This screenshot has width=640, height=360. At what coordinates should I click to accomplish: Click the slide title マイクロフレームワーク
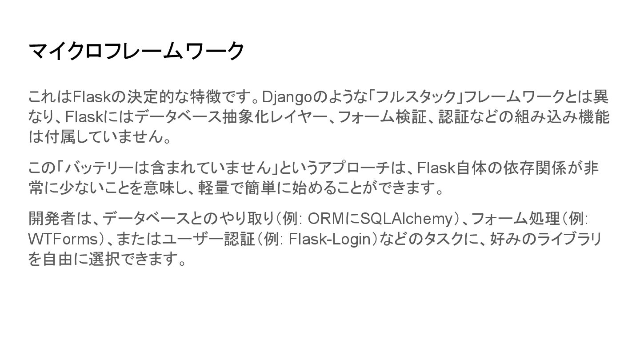136,51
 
